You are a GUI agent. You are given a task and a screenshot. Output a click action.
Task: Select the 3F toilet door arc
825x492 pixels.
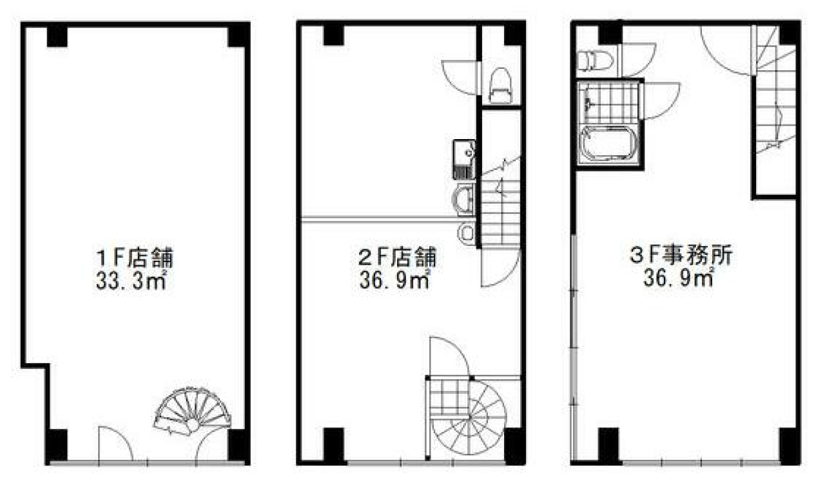coord(637,59)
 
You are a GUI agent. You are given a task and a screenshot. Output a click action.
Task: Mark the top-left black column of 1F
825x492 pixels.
coord(57,35)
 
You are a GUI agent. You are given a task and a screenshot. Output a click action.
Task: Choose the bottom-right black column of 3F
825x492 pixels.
coord(789,444)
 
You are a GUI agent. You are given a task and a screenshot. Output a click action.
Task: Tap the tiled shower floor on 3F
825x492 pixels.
coord(609,103)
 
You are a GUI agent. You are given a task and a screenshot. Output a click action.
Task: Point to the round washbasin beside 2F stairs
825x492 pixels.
coord(464,198)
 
